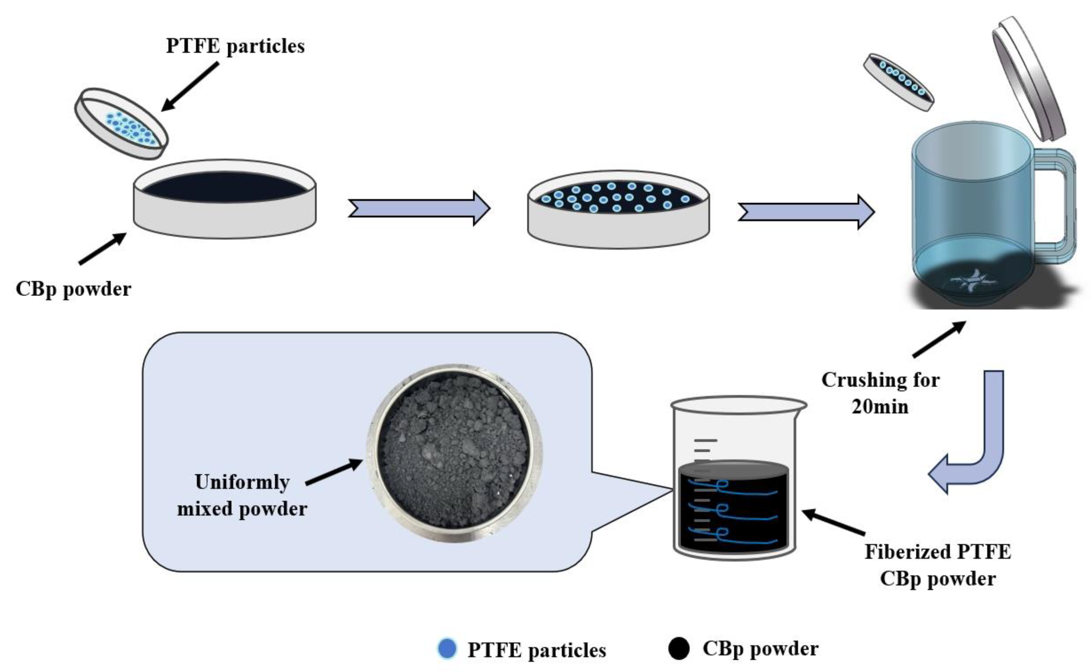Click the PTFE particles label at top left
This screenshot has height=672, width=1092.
[235, 46]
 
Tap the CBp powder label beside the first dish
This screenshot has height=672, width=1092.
[73, 289]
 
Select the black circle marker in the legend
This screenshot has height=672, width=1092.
[679, 649]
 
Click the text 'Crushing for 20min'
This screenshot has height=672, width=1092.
[880, 393]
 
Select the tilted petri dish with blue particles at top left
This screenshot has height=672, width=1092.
[121, 123]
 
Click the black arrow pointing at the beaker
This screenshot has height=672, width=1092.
[834, 522]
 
